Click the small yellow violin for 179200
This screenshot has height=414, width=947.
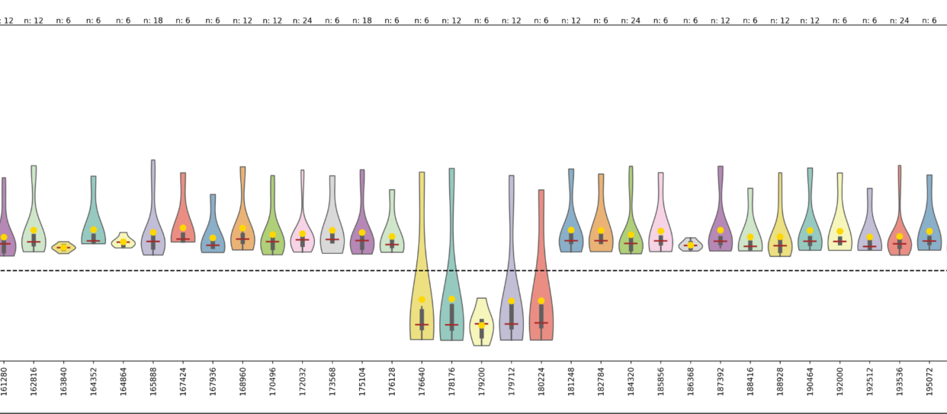[x=481, y=324]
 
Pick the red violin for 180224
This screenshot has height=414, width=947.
[x=541, y=290]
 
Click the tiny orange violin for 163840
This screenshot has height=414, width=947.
[x=63, y=247]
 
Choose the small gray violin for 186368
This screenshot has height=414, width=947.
[x=691, y=245]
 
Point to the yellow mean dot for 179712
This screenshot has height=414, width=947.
[x=512, y=301]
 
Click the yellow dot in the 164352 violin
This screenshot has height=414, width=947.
[x=94, y=230]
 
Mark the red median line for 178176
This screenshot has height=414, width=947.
[x=451, y=325]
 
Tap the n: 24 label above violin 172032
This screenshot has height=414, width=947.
[x=303, y=21]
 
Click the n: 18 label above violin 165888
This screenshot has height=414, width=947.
[x=152, y=21]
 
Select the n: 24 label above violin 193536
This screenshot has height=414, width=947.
[x=900, y=21]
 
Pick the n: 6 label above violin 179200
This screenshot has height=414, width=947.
[x=481, y=21]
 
